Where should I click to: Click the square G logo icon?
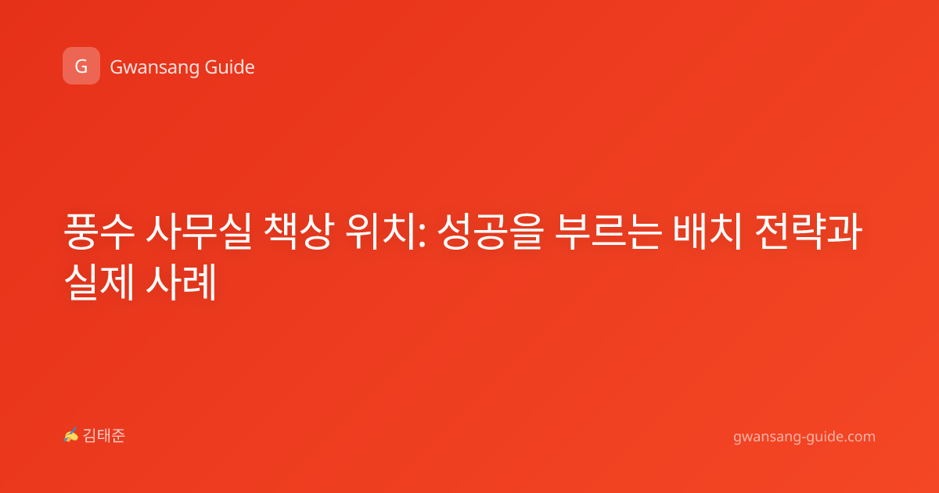[x=81, y=66]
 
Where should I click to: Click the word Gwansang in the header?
[x=154, y=68]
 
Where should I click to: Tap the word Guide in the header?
[x=229, y=67]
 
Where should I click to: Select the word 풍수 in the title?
[x=99, y=231]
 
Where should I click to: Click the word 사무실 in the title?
[x=199, y=231]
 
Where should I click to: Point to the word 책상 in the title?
[x=299, y=231]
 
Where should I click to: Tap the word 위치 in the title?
[x=380, y=231]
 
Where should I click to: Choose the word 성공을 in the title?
[x=491, y=231]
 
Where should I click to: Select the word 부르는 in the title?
[x=609, y=231]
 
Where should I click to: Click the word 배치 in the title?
[x=708, y=231]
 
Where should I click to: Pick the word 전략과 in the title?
[x=808, y=231]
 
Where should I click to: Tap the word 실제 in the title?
[x=99, y=281]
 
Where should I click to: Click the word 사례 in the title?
[x=181, y=281]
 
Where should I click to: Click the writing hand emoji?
[x=71, y=435]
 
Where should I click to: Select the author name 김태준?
[x=104, y=436]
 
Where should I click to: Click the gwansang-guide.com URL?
[x=804, y=437]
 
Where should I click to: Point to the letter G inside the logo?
[x=81, y=67]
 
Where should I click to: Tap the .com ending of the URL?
[x=858, y=437]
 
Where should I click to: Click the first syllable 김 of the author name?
[x=90, y=436]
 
